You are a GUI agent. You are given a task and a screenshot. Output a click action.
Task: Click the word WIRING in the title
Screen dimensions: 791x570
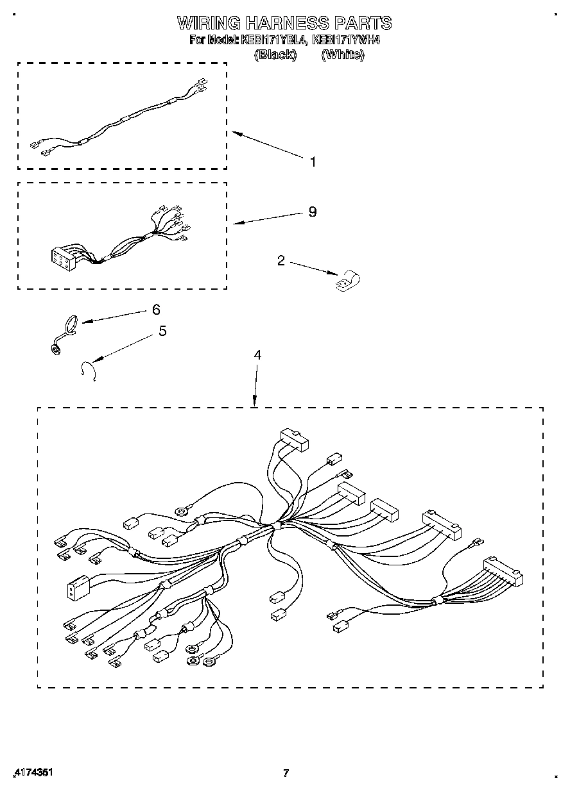tap(209, 24)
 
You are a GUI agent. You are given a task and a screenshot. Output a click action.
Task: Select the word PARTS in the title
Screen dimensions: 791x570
tap(363, 24)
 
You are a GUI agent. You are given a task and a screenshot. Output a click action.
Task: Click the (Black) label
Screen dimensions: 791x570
tap(275, 55)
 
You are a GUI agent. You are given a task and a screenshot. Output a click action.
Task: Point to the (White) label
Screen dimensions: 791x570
tap(343, 55)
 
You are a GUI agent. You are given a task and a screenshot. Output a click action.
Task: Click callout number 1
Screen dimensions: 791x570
tap(313, 162)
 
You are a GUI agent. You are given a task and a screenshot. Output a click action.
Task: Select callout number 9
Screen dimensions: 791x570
tap(313, 212)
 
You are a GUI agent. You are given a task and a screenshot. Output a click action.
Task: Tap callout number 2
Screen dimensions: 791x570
tap(281, 260)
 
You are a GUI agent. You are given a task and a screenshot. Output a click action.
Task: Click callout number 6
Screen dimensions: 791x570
tap(156, 310)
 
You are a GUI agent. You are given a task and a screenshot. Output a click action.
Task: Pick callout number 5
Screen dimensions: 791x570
tap(162, 331)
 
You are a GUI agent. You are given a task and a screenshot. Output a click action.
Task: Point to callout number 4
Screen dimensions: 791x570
tap(257, 354)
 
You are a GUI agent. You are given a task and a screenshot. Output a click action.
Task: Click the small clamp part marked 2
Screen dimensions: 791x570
tap(347, 279)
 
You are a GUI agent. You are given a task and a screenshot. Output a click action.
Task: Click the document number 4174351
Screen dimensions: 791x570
tap(32, 773)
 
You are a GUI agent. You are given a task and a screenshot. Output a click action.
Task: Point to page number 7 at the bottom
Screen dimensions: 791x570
tap(286, 773)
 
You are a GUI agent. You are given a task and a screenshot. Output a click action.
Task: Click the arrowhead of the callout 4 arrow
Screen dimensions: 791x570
tap(255, 403)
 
